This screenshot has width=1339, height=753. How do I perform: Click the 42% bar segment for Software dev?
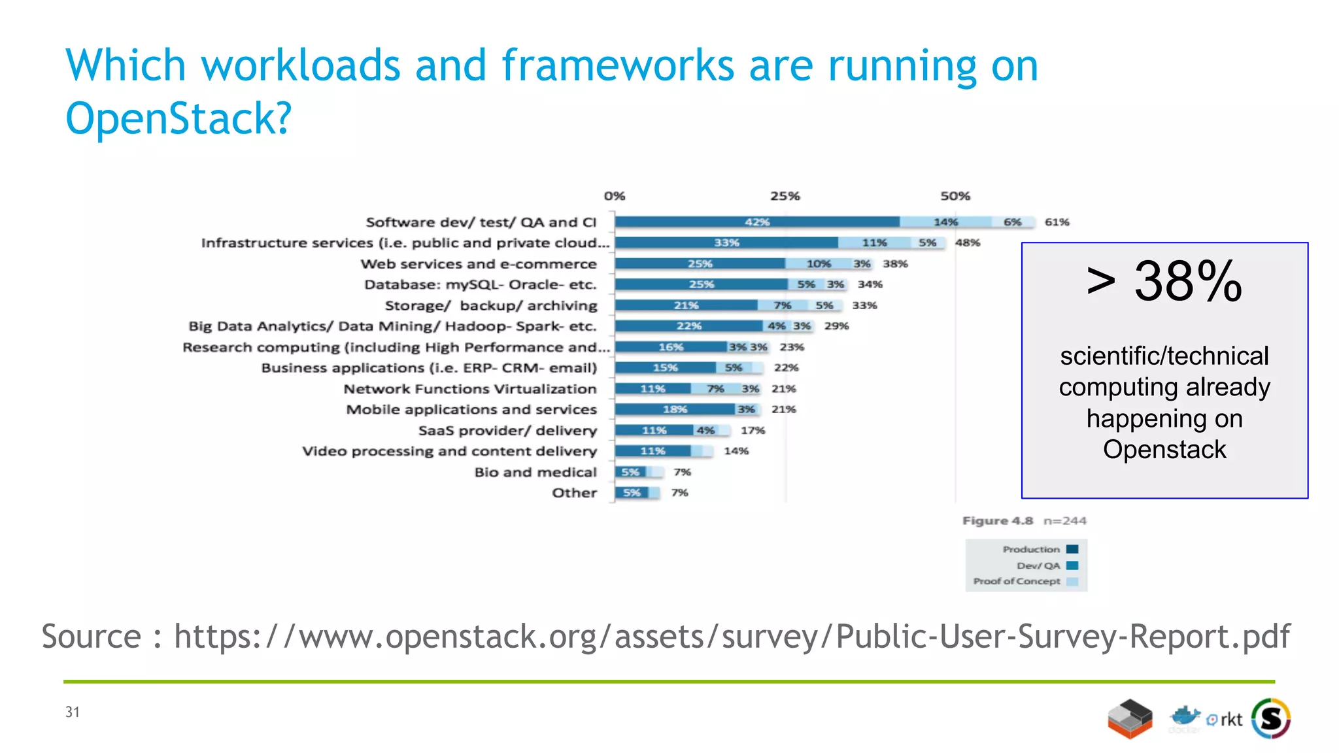[756, 222]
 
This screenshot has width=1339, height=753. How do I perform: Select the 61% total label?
[1057, 222]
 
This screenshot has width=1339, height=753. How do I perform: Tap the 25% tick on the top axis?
[785, 196]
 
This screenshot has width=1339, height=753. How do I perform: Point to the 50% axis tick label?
[955, 196]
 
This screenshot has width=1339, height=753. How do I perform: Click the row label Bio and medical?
[535, 472]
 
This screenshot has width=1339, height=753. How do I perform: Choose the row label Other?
[574, 493]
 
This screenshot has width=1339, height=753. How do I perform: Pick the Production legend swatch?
[1072, 549]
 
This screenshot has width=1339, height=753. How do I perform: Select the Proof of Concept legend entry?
[1017, 581]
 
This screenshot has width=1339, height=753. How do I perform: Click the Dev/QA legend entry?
[1038, 565]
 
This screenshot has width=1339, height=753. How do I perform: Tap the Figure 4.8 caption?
[998, 521]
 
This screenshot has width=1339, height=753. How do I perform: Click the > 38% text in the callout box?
[1164, 282]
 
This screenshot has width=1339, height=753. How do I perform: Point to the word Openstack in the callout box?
[1164, 450]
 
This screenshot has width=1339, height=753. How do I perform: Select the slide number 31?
[72, 712]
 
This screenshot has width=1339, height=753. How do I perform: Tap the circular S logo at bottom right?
[1271, 719]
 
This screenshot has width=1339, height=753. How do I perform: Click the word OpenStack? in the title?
[178, 118]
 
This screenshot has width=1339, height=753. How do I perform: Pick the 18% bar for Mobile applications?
[675, 409]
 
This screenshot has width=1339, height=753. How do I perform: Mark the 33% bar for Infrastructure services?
[726, 243]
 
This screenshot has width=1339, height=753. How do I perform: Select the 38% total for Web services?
[895, 263]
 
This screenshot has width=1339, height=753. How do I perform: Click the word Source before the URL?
[92, 636]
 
